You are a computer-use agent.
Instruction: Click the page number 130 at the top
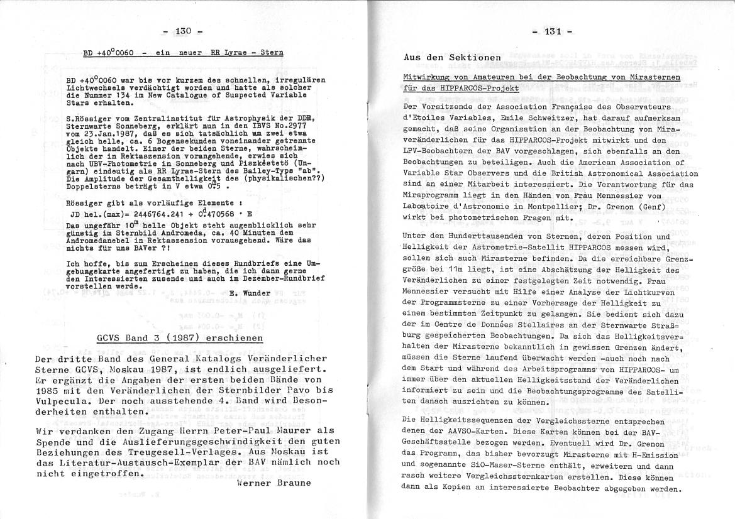tap(182, 31)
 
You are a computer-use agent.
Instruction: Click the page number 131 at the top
tap(551, 31)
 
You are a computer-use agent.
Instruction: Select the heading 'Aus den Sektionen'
tap(452, 57)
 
